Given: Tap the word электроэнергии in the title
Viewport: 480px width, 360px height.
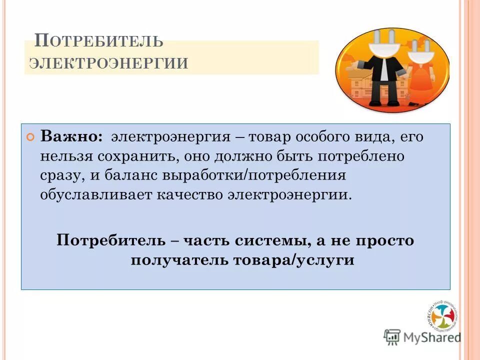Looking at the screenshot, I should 109,64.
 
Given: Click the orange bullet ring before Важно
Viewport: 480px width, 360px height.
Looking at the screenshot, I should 31,137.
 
